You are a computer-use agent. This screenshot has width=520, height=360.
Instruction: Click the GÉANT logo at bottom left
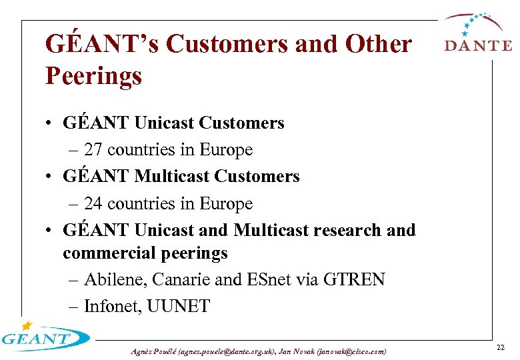tap(43, 337)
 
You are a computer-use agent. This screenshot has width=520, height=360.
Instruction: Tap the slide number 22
tap(501, 348)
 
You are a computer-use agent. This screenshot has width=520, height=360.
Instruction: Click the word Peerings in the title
tap(93, 76)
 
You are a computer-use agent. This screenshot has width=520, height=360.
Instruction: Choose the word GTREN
tap(354, 279)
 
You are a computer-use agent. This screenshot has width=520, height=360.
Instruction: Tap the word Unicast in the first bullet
tap(164, 123)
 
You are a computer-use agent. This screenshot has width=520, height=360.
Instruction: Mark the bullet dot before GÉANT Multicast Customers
tap(50, 177)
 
